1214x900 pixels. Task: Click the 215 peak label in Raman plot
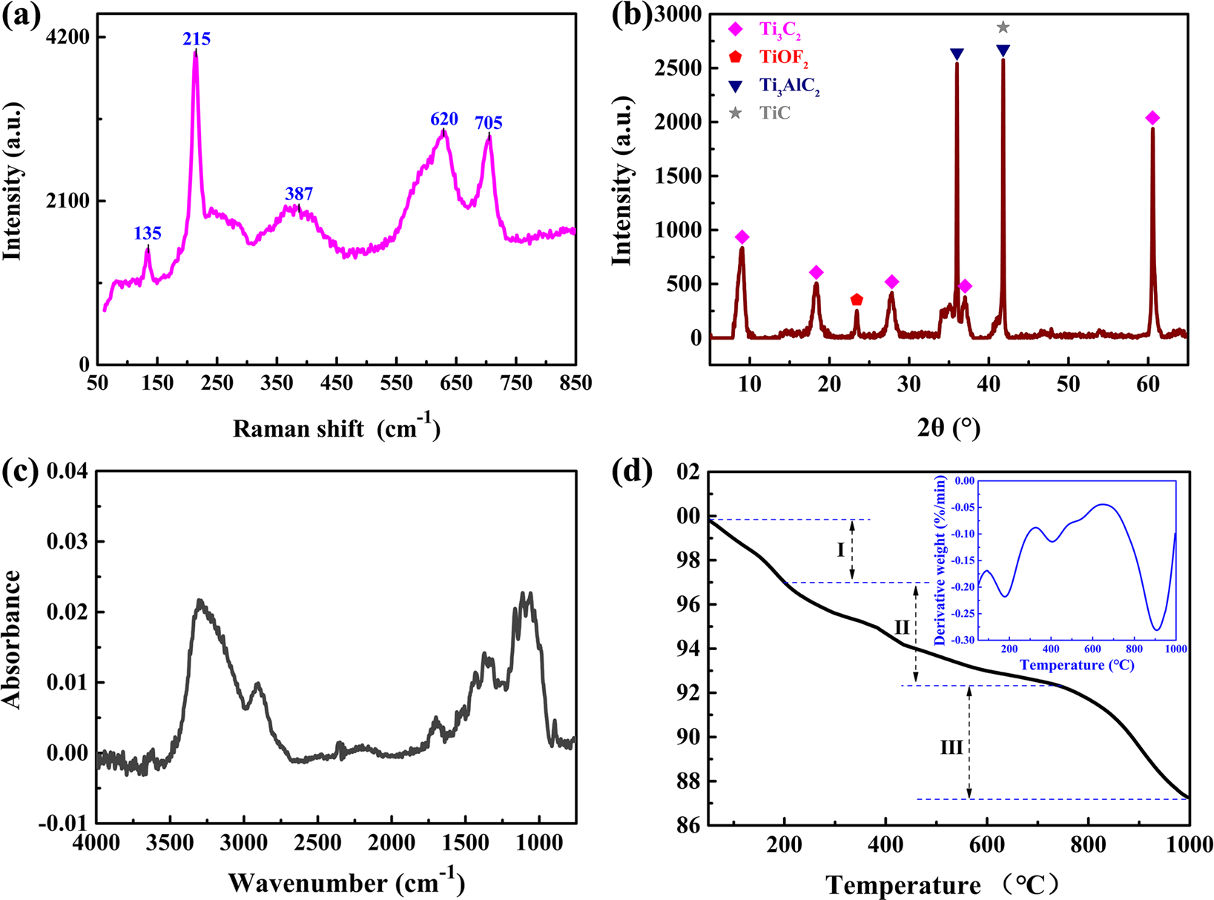[x=197, y=39]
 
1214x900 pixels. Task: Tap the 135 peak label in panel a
[x=148, y=234]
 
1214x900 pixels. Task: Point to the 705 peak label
[x=489, y=122]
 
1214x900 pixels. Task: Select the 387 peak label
[x=299, y=193]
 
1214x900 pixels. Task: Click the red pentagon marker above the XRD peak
[x=857, y=300]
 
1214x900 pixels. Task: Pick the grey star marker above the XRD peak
[x=1003, y=27]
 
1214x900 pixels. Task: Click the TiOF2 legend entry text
[x=783, y=58]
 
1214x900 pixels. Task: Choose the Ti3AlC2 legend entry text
[x=789, y=86]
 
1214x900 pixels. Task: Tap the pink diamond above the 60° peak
[x=1152, y=119]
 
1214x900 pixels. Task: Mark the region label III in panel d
[x=951, y=747]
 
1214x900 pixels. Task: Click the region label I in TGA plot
[x=840, y=549]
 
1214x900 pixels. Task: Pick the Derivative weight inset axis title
[x=940, y=561]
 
